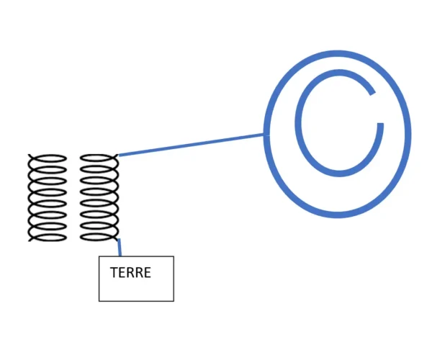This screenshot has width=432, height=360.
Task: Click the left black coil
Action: tap(48, 197)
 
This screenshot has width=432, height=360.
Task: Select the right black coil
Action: tap(99, 197)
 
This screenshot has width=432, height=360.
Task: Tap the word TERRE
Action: tap(130, 273)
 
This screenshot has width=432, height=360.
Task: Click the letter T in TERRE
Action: tap(114, 273)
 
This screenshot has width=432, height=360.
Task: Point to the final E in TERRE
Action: tap(147, 273)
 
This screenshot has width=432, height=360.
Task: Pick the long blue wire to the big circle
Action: tap(192, 145)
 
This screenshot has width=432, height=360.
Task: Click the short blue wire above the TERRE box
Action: tap(119, 247)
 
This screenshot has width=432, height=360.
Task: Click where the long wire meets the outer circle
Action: tap(267, 134)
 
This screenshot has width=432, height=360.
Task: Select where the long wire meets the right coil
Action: tap(117, 155)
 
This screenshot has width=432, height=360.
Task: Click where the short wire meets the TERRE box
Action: tap(120, 256)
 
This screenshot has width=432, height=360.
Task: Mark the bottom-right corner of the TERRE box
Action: tap(174, 301)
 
